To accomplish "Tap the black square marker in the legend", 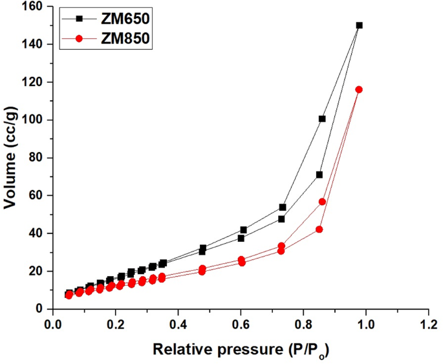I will click(x=79, y=19).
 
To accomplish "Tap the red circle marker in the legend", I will click(x=79, y=39).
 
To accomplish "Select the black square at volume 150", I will click(x=360, y=25).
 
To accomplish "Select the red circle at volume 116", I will click(x=359, y=89).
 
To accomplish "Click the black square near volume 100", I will click(x=322, y=118).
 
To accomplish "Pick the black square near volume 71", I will click(x=319, y=175).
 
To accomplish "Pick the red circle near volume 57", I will click(x=322, y=202).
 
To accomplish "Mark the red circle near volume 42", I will click(x=319, y=229).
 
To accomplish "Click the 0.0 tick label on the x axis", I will click(x=51, y=322).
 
